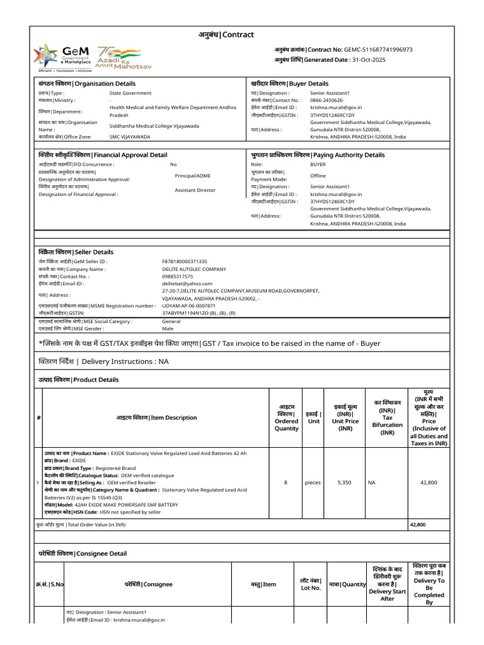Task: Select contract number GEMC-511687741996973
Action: click(x=378, y=49)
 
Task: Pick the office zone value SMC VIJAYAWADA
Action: click(x=130, y=137)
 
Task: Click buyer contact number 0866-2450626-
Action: click(x=327, y=100)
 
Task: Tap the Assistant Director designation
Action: click(x=195, y=190)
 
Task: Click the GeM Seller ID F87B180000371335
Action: click(x=185, y=261)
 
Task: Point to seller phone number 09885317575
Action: click(x=178, y=277)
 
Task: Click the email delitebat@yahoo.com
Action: click(x=187, y=284)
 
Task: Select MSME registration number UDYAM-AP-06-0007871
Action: click(x=189, y=305)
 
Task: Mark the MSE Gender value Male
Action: click(x=168, y=328)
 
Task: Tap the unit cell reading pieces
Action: click(x=313, y=482)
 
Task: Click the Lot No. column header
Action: click(x=310, y=584)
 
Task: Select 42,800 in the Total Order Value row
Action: click(x=417, y=525)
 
